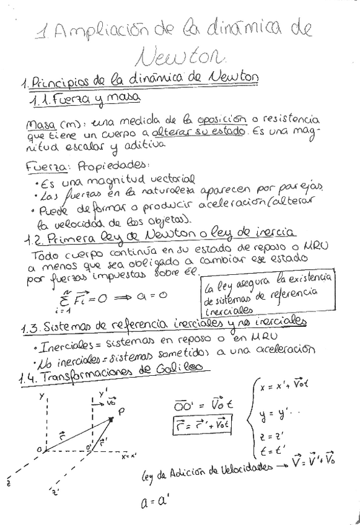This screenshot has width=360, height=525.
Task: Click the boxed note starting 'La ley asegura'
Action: pyautogui.click(x=267, y=292)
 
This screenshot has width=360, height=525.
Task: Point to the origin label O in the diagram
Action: pyautogui.click(x=39, y=448)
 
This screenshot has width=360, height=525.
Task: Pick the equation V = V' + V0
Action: pyautogui.click(x=313, y=460)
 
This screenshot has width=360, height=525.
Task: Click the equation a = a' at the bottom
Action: pyautogui.click(x=151, y=502)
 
